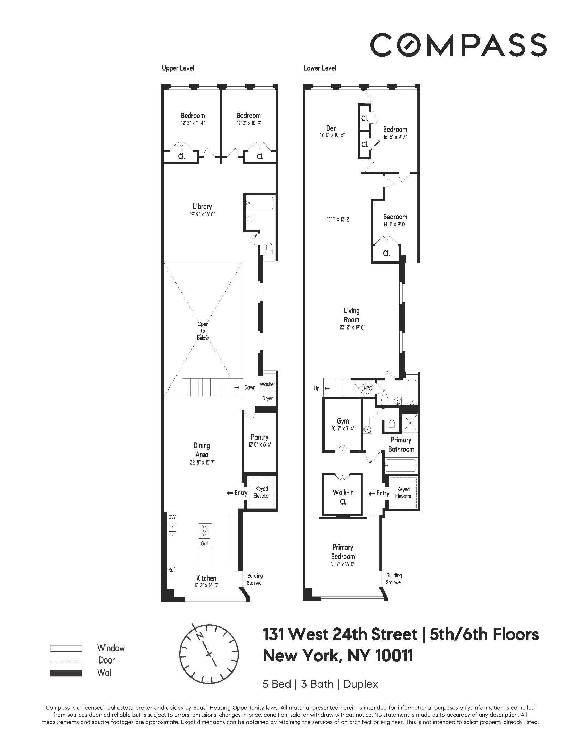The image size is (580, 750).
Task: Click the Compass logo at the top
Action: coord(458,44)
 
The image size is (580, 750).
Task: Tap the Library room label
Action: coord(202,207)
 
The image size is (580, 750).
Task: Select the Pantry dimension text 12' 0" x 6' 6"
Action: coord(259,445)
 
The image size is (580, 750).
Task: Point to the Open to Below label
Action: coord(203,331)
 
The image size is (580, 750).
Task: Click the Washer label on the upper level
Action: coord(267,384)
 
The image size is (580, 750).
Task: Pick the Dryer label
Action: coord(267,398)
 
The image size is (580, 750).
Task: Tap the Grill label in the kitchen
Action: coord(204,544)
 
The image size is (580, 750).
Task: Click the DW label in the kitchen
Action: coord(172,517)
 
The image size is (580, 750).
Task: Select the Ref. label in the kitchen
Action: coord(172,570)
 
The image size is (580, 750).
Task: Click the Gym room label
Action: coord(343,421)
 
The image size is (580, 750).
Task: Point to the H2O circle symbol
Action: coord(367,389)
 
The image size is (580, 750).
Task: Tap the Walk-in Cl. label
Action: coord(343,497)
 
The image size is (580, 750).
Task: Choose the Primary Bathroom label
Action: coord(401,444)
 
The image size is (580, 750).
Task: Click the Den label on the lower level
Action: coord(331,128)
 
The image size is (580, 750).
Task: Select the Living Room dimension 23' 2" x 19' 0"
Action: coord(351,327)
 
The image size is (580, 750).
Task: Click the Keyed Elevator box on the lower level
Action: coord(403,492)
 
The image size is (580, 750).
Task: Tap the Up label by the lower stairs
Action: coord(316,389)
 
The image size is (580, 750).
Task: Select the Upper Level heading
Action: coord(178,68)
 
